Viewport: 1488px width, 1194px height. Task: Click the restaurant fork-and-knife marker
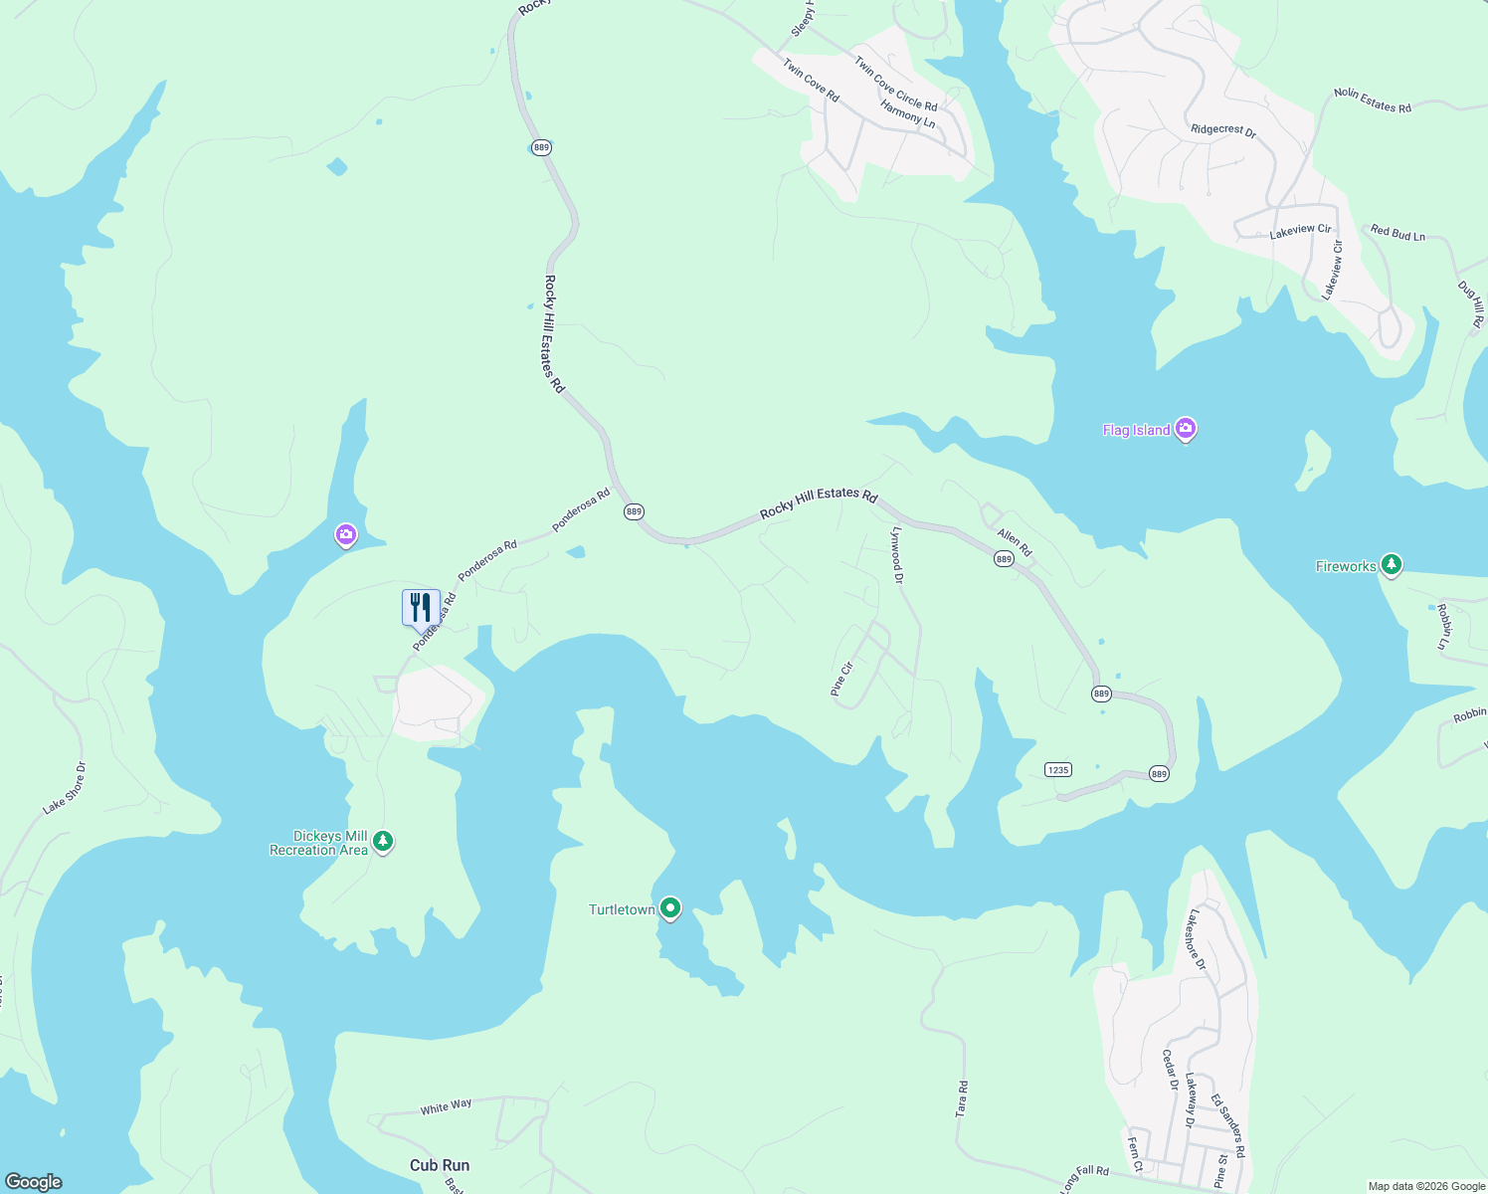pos(421,606)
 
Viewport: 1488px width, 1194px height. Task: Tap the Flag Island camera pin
pos(1185,429)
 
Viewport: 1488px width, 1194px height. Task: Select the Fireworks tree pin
pos(1392,565)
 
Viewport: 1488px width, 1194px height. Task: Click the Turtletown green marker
pos(670,907)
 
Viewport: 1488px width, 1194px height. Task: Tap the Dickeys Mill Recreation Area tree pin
pos(383,842)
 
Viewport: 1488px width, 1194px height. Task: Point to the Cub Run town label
pos(439,1165)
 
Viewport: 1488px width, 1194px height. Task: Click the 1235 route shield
pos(1057,769)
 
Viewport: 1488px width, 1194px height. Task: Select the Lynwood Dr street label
pos(897,554)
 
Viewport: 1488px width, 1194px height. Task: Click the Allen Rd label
pos(1015,542)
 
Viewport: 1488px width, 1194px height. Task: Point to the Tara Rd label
pos(962,1098)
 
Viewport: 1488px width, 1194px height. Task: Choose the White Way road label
pos(446,1106)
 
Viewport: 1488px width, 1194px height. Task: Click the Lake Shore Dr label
pos(65,788)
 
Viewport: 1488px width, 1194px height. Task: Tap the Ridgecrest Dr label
pos(1223,130)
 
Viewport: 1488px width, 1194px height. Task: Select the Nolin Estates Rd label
pos(1373,100)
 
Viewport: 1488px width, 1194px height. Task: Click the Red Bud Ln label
pos(1397,234)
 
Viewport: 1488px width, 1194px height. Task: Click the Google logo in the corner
pos(33,1181)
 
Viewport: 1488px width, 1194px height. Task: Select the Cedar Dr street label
pos(1170,1070)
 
